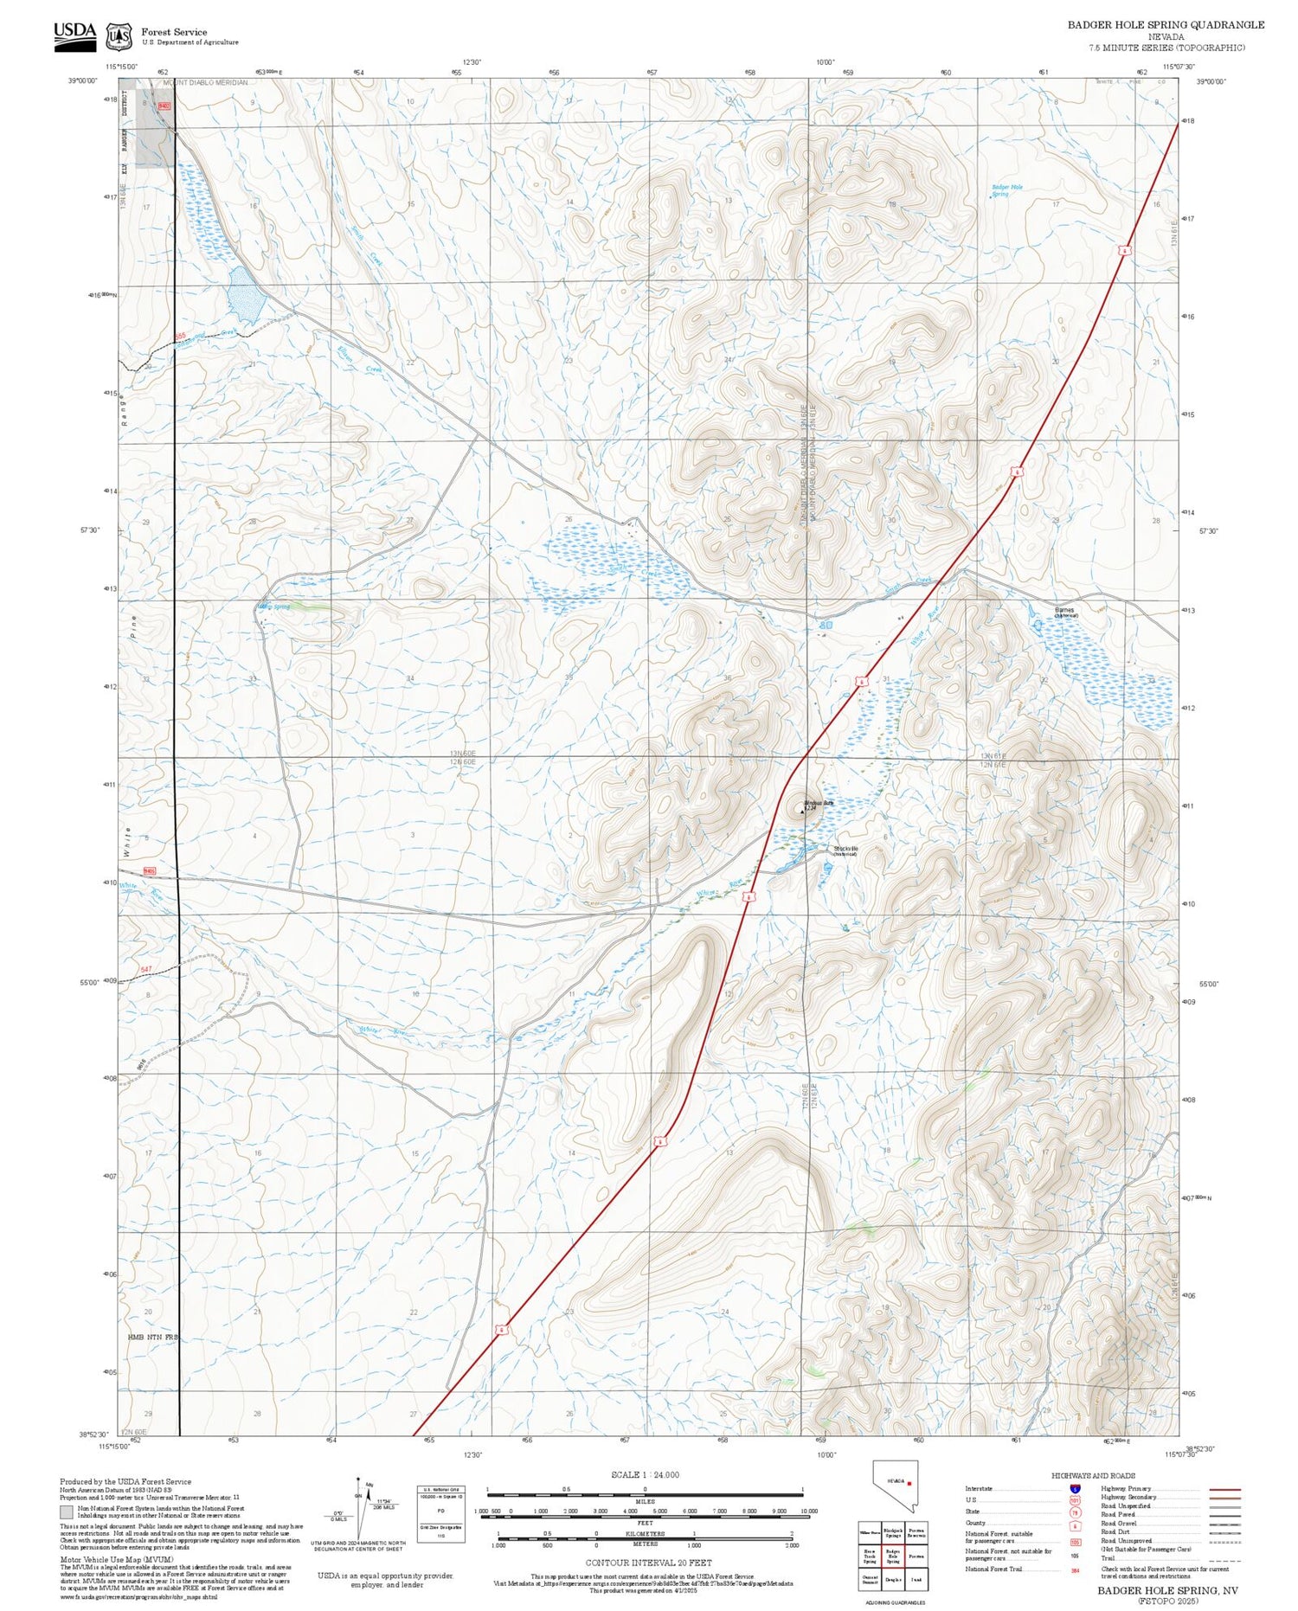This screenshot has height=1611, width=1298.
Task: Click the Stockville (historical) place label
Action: (845, 850)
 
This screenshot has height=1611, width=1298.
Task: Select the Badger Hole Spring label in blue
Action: (1007, 189)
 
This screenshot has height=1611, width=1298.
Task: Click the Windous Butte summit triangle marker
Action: (802, 812)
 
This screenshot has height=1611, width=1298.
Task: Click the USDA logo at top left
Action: (74, 35)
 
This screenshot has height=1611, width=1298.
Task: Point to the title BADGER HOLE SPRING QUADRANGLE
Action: (1166, 25)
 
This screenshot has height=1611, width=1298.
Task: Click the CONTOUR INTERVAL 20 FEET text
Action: (648, 1563)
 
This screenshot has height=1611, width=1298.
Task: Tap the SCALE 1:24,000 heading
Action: (645, 1474)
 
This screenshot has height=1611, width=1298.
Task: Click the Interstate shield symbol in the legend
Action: (1075, 1489)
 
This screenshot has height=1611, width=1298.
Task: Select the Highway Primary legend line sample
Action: (1221, 1490)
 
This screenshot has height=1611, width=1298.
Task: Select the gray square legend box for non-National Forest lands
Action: (67, 1512)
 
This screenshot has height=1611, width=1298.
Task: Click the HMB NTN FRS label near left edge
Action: (152, 1337)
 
